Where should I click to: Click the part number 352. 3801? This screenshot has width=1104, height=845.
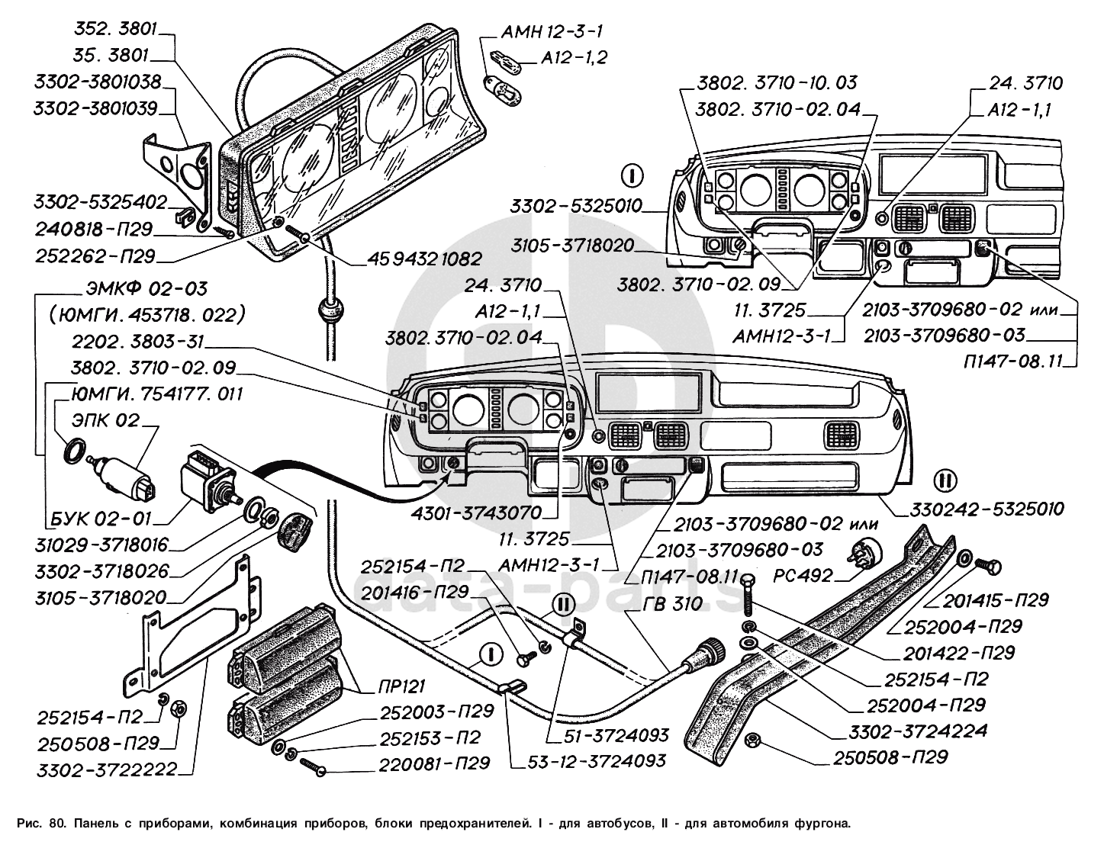115,30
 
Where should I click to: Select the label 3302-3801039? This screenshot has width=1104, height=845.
95,108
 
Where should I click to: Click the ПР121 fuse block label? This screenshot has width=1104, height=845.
401,686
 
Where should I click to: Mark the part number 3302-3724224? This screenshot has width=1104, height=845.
917,731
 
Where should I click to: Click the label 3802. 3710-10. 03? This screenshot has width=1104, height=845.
776,82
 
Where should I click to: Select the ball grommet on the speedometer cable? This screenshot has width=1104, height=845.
328,312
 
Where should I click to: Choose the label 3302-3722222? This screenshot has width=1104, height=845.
106,769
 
